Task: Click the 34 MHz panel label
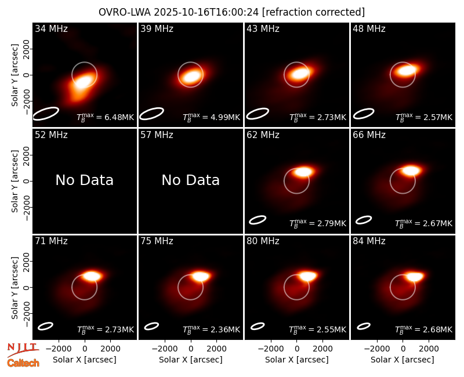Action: (51, 28)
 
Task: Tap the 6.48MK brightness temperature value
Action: (115, 117)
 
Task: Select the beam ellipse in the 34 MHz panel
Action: (46, 114)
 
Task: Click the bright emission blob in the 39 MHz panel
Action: (191, 76)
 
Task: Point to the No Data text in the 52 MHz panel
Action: (85, 180)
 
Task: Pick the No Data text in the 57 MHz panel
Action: (191, 180)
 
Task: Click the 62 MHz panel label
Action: (263, 135)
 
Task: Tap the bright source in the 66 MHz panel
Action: (411, 171)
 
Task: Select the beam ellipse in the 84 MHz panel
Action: (364, 326)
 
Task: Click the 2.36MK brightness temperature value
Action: (222, 329)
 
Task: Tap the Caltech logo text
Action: (23, 363)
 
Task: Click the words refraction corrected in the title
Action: (313, 12)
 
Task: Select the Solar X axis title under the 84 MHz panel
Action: (403, 360)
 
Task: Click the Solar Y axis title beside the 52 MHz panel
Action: (15, 181)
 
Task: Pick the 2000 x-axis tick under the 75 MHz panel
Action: (216, 349)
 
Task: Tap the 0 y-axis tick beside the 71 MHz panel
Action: (27, 287)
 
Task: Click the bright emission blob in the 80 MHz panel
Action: (308, 277)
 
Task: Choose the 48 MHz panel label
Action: (369, 28)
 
